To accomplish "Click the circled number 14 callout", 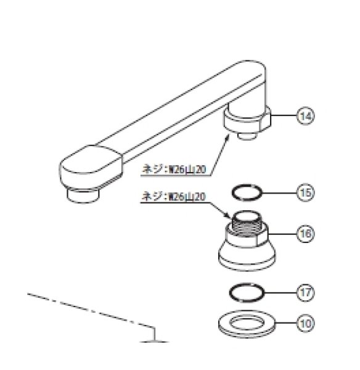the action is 306,116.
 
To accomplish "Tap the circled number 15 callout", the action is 306,192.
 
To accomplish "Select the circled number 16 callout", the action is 306,234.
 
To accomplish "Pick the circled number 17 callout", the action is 306,292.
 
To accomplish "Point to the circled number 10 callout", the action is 306,323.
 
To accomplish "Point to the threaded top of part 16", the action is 247,223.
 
